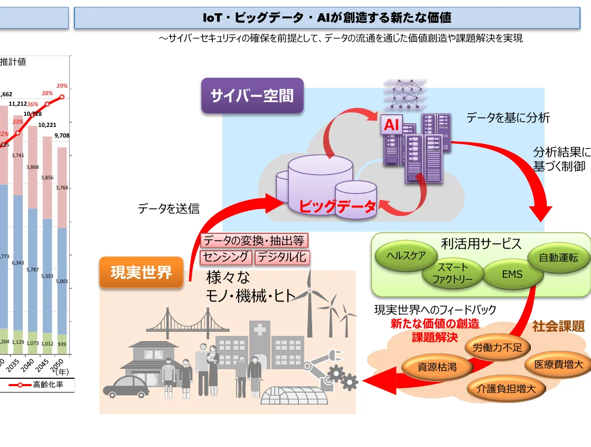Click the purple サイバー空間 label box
252,96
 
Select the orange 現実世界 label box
141,272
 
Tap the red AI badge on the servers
391,125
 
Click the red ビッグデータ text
337,206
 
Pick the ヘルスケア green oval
406,256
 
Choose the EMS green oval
512,274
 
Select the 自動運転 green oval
558,258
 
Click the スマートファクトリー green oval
452,273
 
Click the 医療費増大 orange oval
558,364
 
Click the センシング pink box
226,258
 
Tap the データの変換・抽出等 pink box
254,241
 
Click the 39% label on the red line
62,86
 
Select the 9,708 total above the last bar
62,135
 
